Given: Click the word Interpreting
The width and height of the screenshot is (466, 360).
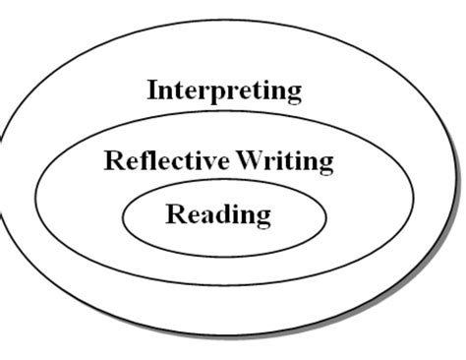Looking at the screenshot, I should pyautogui.click(x=224, y=91).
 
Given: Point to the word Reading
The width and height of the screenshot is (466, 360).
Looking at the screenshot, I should pyautogui.click(x=218, y=213).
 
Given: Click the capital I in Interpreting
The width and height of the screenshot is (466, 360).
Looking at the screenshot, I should pyautogui.click(x=152, y=90).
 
